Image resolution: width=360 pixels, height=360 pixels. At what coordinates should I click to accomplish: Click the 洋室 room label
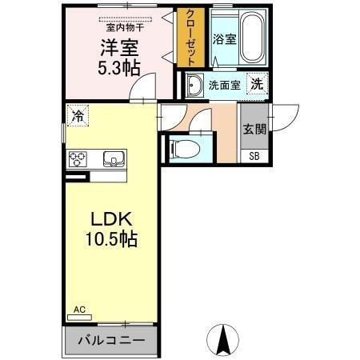(114, 46)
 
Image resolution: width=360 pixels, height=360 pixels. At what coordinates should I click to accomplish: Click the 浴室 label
(224, 38)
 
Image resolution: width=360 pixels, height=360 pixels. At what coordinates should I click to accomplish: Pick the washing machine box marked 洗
(256, 83)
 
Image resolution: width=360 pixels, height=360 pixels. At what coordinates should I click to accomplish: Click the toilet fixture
(180, 147)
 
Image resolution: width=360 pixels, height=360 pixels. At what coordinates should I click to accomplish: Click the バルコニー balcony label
(111, 341)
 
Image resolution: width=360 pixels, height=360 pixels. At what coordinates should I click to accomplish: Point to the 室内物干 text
(122, 26)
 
